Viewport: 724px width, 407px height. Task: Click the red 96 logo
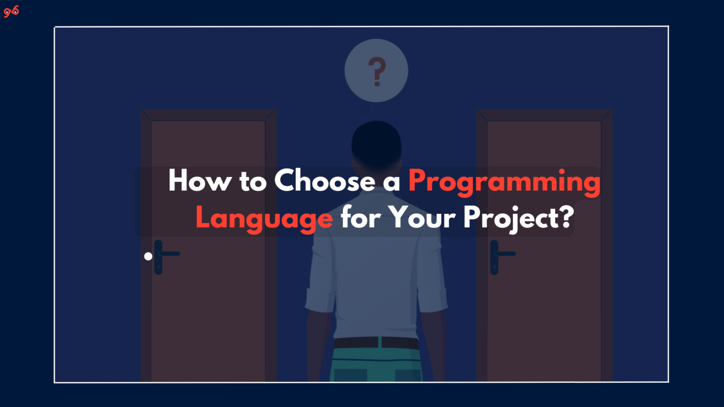coord(11,11)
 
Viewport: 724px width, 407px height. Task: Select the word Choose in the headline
coord(325,180)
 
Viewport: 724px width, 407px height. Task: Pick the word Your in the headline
coord(422,218)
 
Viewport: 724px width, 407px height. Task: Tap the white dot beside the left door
coord(148,256)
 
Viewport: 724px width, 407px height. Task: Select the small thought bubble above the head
coord(365,110)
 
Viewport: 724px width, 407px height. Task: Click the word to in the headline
coord(253,181)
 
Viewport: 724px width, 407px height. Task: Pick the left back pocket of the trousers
coord(350,375)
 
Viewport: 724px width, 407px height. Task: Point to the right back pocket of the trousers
coord(407,375)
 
